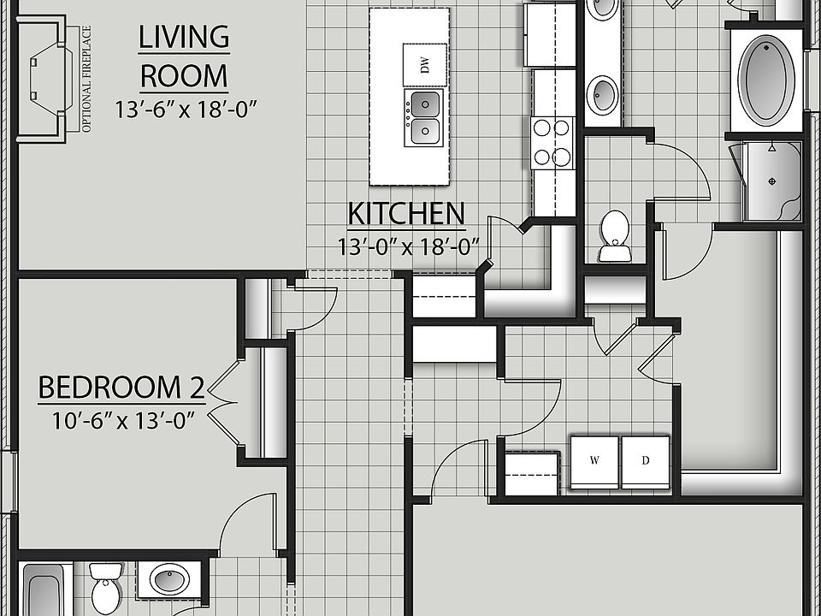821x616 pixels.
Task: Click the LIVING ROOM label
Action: pos(184,56)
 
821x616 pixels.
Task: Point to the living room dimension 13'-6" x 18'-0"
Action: pos(186,109)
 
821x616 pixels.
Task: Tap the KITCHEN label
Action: pos(405,213)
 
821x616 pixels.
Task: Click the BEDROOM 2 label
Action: pos(121,388)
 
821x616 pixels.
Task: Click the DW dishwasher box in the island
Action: pos(425,65)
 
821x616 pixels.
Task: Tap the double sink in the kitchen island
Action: pos(425,118)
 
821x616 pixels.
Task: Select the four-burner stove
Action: pos(553,143)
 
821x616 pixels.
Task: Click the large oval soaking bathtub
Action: pos(767,78)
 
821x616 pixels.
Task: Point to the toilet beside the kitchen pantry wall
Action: pos(614,235)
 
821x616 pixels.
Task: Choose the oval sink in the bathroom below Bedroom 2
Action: pos(168,580)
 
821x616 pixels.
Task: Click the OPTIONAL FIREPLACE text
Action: pos(86,79)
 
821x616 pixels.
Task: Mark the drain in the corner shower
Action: pos(772,181)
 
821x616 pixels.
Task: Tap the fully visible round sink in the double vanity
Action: pos(604,93)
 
